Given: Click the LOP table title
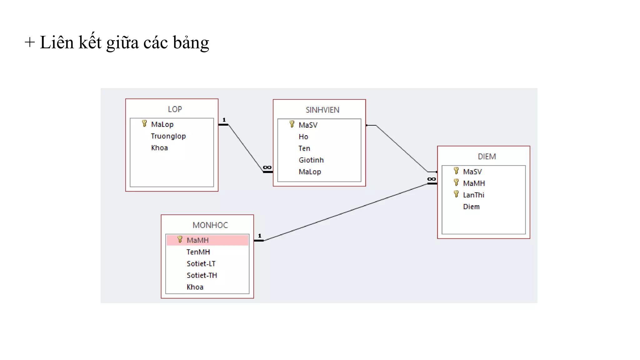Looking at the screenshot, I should (175, 109).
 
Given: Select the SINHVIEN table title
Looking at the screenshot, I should (322, 110).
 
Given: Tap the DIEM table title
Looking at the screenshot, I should (487, 157).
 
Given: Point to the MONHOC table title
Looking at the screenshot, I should (210, 225).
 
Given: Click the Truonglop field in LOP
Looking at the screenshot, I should (168, 136).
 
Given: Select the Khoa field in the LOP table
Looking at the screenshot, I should (159, 148).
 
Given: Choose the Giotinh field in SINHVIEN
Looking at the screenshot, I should (311, 160).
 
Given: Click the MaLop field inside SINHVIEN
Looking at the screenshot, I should (310, 172).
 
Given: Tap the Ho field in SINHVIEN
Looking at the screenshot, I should (303, 137).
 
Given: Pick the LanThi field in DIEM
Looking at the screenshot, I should (473, 195).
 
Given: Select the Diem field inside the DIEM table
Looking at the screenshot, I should (471, 207).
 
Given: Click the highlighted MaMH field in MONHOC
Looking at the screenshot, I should (197, 240).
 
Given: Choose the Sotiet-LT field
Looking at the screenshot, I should (201, 264).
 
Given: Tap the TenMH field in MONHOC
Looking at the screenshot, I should (198, 252).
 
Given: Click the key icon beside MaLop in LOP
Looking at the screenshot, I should (144, 124).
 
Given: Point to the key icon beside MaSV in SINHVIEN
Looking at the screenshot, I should (292, 124).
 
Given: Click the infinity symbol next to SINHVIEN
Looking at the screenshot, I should (267, 167).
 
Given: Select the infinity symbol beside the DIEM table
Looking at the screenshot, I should (432, 179).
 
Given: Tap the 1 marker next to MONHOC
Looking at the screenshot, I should (260, 236).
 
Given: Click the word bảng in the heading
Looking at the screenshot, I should (191, 43).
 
